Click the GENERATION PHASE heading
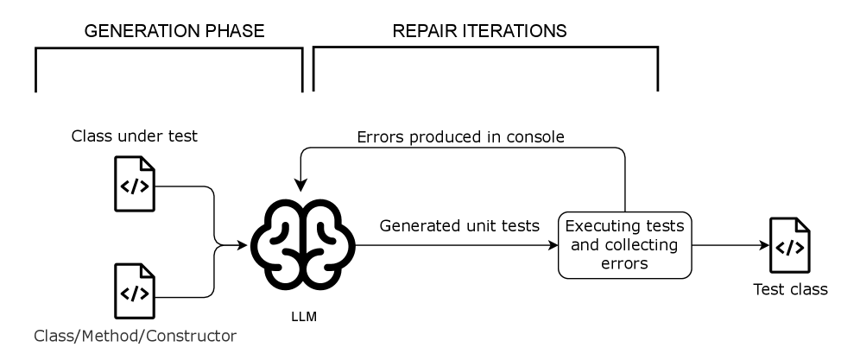174,31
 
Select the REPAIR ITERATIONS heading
480,31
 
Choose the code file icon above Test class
790,246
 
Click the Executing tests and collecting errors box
625,245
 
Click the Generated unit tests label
460,226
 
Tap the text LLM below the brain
303,317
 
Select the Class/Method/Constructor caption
133,334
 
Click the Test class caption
790,290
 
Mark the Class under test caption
135,136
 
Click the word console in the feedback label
538,137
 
